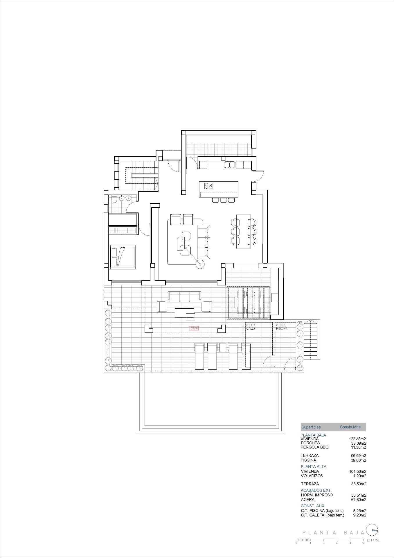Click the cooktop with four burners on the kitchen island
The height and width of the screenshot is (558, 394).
coord(208,186)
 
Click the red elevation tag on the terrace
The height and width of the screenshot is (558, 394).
coord(194,328)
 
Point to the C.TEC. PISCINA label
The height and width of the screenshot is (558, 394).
coord(281,327)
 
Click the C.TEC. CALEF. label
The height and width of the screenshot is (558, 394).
coord(251,327)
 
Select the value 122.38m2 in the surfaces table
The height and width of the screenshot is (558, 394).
coord(357,439)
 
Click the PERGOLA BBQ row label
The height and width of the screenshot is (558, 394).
coord(314,447)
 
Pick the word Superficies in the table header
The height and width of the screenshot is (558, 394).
coord(311,427)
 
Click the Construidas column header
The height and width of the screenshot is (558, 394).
coord(350,427)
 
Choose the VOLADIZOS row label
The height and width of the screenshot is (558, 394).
coord(312,476)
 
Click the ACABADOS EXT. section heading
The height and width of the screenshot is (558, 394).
coord(316,490)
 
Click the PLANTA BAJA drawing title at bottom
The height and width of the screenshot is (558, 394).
coord(333,533)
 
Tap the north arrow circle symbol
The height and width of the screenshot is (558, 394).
coord(373,530)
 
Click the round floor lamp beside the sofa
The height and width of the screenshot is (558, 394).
coord(200,264)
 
